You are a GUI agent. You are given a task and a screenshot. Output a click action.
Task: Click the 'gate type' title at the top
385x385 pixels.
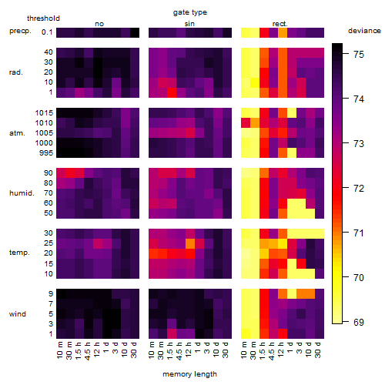point(190,12)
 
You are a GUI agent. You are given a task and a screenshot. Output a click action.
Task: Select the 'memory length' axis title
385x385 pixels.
point(189,374)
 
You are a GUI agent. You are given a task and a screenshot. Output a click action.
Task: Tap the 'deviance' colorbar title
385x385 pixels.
point(364,31)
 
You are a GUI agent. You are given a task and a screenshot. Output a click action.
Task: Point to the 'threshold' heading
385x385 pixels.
point(43,18)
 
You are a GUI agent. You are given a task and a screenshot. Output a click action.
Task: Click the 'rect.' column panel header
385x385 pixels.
point(280,24)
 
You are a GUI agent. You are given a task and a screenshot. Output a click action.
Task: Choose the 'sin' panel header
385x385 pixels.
point(189,24)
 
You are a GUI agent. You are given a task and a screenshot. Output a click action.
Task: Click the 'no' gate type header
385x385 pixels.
point(99,24)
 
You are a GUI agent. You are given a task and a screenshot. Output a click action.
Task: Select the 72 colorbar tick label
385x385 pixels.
point(359,189)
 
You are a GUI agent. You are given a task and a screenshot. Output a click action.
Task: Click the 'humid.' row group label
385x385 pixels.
point(22,193)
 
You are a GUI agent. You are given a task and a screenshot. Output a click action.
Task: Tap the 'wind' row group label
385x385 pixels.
point(18,314)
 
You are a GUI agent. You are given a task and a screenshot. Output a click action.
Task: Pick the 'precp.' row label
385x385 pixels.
point(20,31)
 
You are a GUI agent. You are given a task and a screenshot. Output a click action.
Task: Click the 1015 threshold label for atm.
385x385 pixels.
point(44,113)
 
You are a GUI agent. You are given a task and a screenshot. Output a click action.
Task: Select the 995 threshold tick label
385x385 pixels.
point(46,153)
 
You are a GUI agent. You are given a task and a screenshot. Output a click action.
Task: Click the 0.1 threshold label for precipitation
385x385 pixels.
point(47,32)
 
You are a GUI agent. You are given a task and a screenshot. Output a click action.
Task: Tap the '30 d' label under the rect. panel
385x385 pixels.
point(318,350)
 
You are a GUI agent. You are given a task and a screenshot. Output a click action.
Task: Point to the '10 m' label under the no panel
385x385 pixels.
point(60,350)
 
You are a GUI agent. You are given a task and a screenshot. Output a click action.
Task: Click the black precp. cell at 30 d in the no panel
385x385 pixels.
point(135,32)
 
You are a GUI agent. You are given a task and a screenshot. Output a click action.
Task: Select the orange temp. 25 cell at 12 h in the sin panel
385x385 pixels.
point(190,243)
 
